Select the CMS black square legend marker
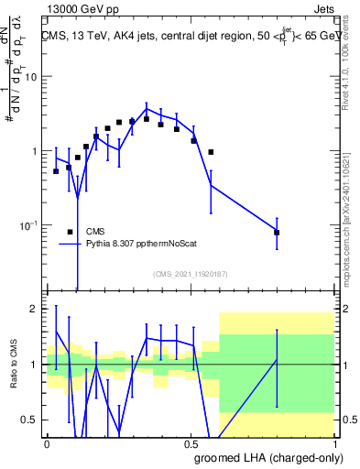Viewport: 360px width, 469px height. point(71,232)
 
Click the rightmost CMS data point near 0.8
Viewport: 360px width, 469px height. point(277,233)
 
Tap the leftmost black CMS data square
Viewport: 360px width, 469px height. point(56,171)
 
